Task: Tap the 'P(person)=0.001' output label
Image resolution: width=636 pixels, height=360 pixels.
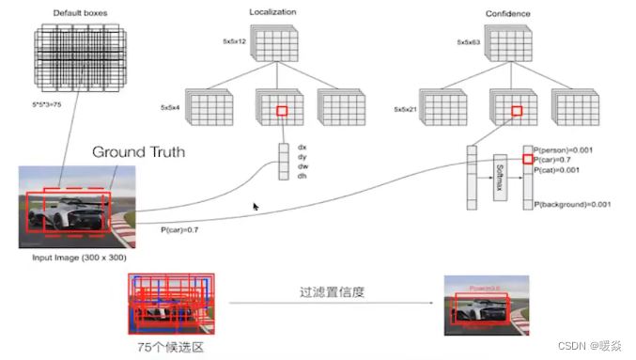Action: click(567, 149)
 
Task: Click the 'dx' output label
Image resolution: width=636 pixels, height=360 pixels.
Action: click(302, 147)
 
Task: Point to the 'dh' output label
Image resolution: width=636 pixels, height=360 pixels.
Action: click(302, 175)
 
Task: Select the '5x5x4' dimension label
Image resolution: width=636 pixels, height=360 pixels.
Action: click(170, 108)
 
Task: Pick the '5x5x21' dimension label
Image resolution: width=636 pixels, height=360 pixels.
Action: click(406, 109)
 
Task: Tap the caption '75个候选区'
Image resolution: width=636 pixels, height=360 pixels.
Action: click(170, 347)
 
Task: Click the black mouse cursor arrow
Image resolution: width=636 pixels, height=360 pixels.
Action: click(256, 207)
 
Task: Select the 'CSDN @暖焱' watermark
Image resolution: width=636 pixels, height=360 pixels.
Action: click(591, 345)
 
